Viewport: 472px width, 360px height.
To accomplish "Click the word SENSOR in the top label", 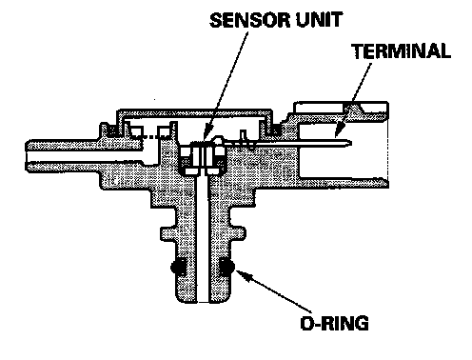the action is click(x=250, y=20).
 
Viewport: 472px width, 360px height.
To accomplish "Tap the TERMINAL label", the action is click(x=402, y=51).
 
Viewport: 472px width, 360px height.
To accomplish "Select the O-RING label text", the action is click(x=334, y=323).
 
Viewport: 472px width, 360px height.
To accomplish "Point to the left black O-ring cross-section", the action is click(x=179, y=266).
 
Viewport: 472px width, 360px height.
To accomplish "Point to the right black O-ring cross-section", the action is click(x=226, y=266).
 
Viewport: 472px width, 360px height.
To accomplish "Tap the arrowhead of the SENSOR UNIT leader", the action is click(x=206, y=136).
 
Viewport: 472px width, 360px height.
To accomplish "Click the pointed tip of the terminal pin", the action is click(x=350, y=143).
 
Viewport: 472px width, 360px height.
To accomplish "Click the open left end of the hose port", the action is click(x=27, y=156).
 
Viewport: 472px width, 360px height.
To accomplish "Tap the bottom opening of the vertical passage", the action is click(x=203, y=301).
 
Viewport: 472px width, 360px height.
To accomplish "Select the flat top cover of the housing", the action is click(x=195, y=112).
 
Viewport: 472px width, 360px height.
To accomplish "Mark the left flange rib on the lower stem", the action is click(x=167, y=233).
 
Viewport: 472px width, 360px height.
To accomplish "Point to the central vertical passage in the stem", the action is click(x=203, y=238).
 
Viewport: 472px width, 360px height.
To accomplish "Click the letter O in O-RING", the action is click(x=307, y=323).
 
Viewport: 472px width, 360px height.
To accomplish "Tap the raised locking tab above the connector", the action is click(x=353, y=109).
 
